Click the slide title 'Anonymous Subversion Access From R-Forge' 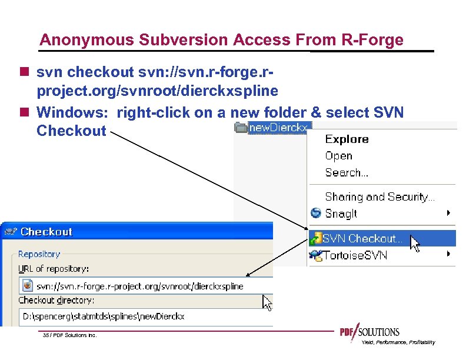coord(221,40)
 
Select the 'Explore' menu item coord(347,139)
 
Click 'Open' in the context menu coord(338,156)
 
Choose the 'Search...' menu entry coord(347,173)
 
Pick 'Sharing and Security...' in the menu coord(380,197)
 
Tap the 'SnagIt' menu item coord(341,214)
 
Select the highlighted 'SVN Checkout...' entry coord(362,238)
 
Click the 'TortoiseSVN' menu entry coord(356,255)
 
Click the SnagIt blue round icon coord(316,214)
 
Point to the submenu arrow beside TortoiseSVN coord(448,254)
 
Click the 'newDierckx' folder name coord(279,128)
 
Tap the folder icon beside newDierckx coord(240,128)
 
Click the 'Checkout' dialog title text coord(46,232)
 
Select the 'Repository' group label coord(39,254)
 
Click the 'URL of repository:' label coord(54,269)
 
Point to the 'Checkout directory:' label coord(56,301)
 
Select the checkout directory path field coord(141,316)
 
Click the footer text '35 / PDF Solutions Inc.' coord(69,335)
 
